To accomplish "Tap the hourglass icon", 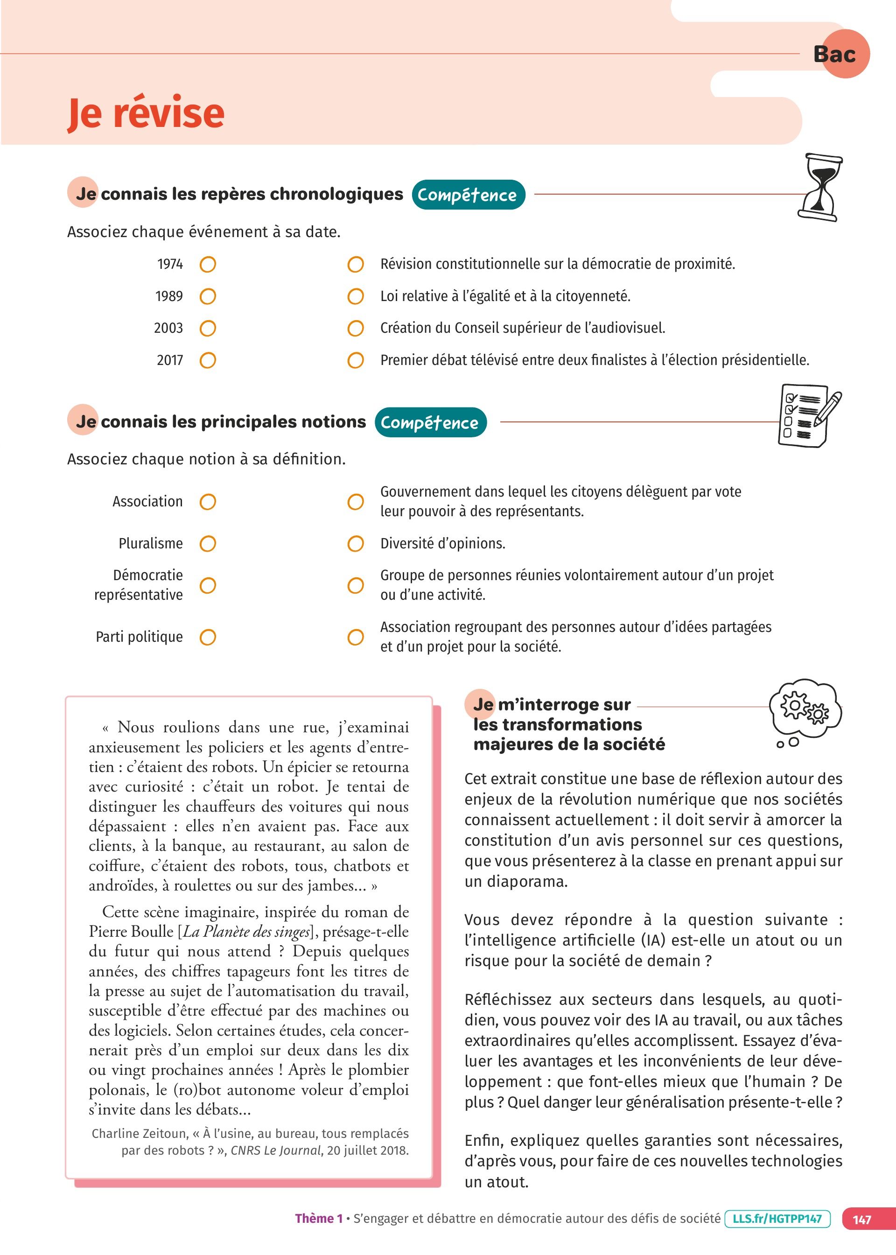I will [x=820, y=188].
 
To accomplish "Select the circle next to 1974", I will [x=208, y=265].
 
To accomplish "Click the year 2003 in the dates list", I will [x=168, y=328].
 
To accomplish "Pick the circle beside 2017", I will [x=208, y=361].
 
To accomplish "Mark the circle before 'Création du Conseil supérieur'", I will [x=355, y=329].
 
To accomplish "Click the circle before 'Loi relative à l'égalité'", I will [x=355, y=297].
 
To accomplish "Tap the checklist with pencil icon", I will [x=809, y=415].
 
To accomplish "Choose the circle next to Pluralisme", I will [x=208, y=544].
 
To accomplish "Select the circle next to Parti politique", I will [x=208, y=637].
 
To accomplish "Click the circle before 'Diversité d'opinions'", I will [x=355, y=544].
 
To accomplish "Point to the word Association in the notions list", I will [x=147, y=501].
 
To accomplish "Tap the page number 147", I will [x=861, y=1220].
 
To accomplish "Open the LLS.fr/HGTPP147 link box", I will [x=777, y=1219].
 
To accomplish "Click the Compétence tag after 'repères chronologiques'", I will [x=468, y=195].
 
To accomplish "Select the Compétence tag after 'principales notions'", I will [x=430, y=422].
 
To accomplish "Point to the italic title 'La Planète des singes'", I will [x=245, y=932].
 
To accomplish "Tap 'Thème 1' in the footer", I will [x=318, y=1219].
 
